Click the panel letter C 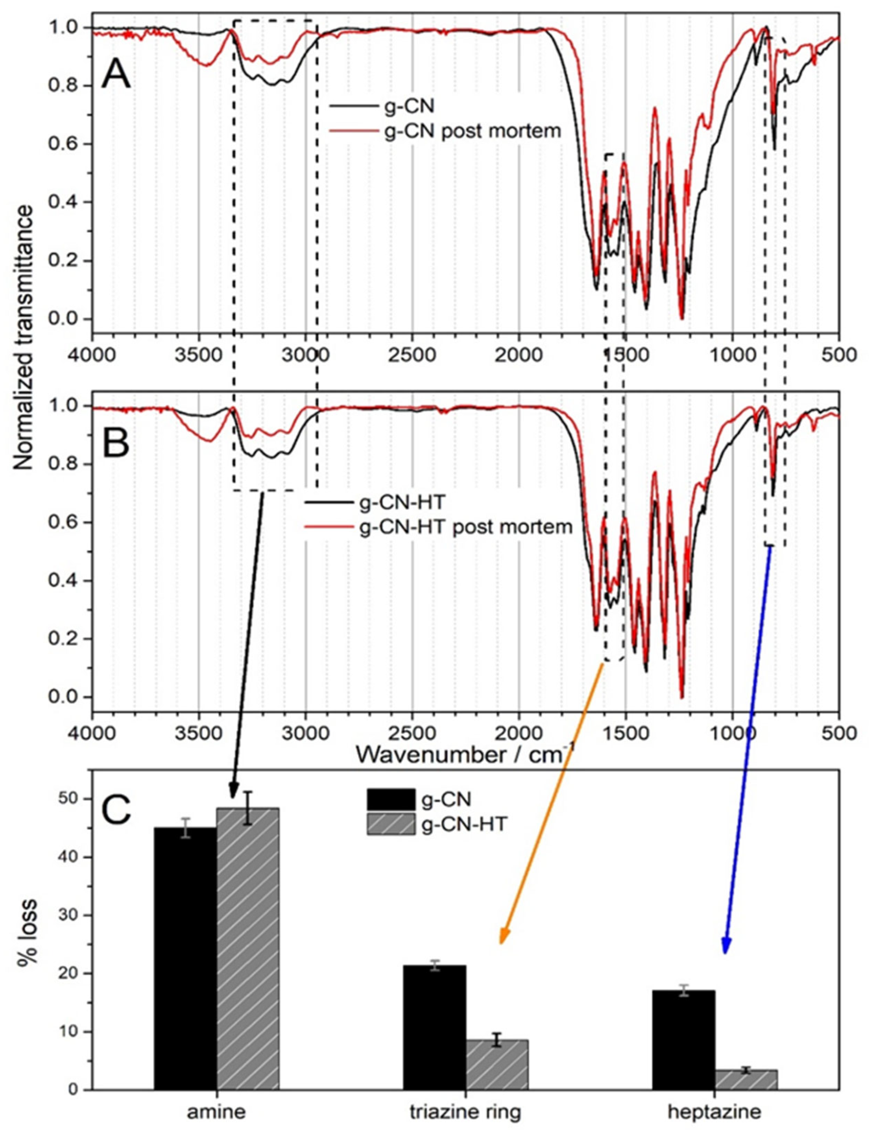[x=116, y=810]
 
